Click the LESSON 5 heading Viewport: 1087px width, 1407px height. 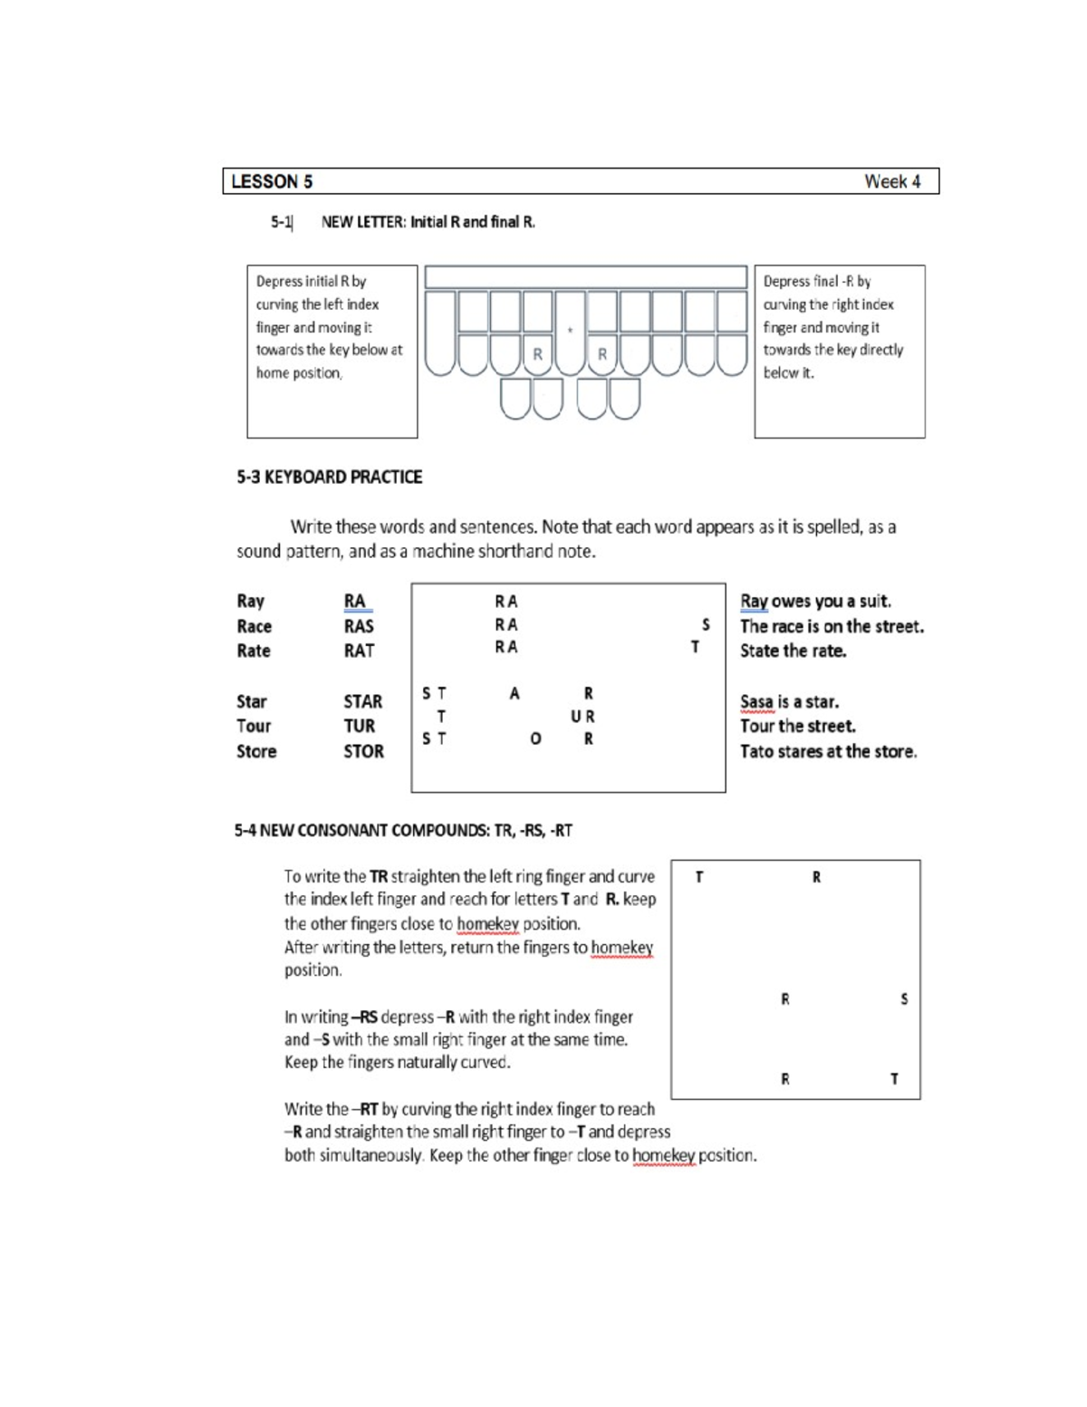tap(272, 182)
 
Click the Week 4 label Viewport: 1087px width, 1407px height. tap(891, 182)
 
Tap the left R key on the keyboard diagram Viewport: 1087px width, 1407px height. tap(537, 354)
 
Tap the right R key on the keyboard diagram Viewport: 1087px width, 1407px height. tap(602, 354)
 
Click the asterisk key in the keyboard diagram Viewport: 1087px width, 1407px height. tap(570, 332)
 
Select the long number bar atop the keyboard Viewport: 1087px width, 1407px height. tap(585, 277)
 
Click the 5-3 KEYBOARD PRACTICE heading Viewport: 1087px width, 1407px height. tap(330, 477)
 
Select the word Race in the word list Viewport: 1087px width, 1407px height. tap(254, 627)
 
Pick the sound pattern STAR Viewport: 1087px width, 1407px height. tap(362, 702)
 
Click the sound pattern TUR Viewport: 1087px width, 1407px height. tap(359, 727)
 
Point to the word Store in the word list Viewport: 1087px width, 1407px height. tap(256, 752)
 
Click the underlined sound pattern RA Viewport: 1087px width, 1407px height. tap(354, 602)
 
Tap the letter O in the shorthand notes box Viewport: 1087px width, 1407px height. tap(535, 739)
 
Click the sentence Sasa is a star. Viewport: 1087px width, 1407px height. tap(789, 702)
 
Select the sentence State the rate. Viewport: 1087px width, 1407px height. tap(793, 651)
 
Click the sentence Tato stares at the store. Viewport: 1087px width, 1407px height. tap(828, 752)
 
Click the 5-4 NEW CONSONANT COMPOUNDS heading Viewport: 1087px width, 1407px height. tap(403, 831)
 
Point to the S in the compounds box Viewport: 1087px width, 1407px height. tap(904, 999)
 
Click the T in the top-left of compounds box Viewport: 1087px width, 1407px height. tap(698, 877)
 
